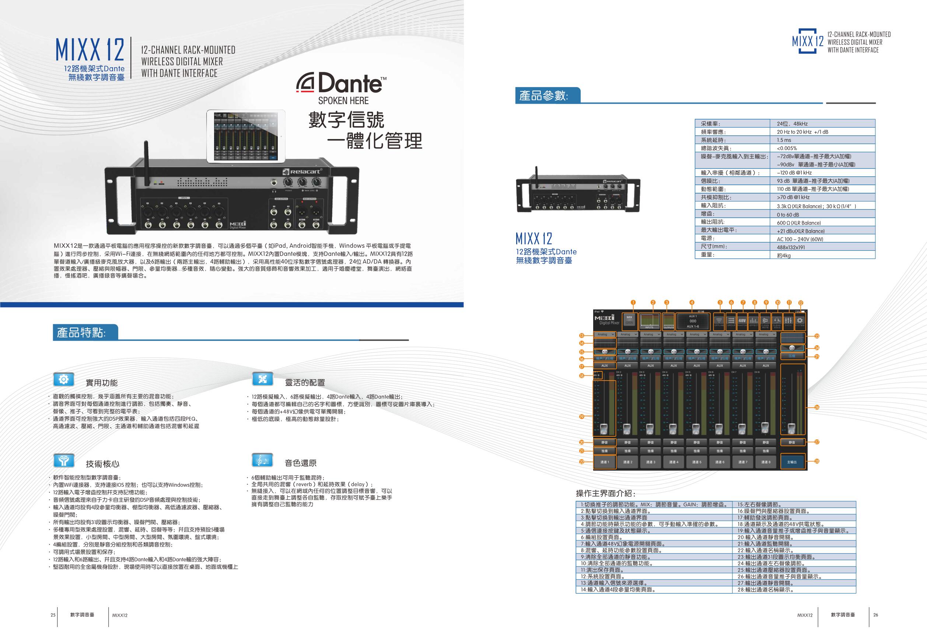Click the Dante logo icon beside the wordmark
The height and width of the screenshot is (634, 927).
coord(306,83)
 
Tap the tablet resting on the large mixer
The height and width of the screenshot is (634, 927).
coord(246,136)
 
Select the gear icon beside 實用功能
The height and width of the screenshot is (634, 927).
coord(63,379)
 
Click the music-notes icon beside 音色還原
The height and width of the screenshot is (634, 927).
coord(262,460)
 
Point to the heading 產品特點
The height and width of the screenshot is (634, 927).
coord(82,332)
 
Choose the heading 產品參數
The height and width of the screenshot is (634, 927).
coord(543,96)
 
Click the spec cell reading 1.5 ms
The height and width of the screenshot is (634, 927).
coord(784,140)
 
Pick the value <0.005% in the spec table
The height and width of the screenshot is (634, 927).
coord(787,148)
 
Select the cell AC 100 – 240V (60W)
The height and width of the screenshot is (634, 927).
coord(800,239)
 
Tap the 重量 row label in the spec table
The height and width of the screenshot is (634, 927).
coord(708,255)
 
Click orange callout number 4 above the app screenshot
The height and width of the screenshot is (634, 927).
coord(692,302)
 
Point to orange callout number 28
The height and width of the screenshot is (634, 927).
coord(817,461)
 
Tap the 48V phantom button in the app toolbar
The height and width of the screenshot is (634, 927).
coord(742,321)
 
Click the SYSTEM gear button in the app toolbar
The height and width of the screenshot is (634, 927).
coord(800,321)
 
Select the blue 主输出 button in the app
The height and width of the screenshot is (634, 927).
coord(792,462)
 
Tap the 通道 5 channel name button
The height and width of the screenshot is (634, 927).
coord(696,462)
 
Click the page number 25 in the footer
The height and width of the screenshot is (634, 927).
coord(53,615)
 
